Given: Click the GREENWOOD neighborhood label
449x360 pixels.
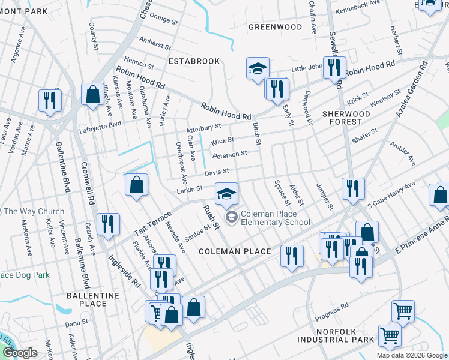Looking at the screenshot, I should coord(276,27).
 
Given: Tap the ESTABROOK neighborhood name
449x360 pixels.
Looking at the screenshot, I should coord(194,61).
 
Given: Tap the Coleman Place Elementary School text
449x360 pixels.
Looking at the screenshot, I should coord(276,218).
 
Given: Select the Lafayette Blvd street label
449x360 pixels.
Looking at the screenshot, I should coord(100,124).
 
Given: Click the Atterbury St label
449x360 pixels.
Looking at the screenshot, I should coord(203,128).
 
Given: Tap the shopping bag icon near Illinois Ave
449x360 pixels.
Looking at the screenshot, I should coord(92,95).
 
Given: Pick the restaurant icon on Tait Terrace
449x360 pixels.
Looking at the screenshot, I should coord(108,224).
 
